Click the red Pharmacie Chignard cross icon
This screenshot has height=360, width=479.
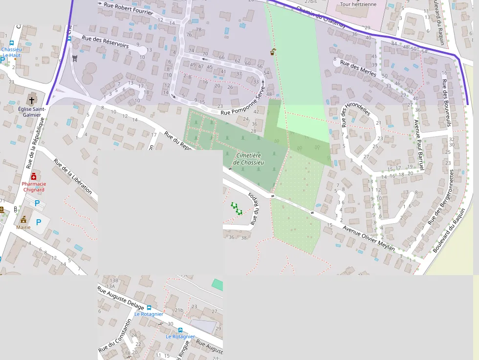[x=33, y=176]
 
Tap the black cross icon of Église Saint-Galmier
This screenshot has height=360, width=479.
[x=32, y=100]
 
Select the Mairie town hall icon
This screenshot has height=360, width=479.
[x=23, y=219]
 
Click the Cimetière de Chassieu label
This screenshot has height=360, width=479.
[x=248, y=159]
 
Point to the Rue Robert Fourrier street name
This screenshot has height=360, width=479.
[x=128, y=8]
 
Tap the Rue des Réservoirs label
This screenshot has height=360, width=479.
[x=105, y=42]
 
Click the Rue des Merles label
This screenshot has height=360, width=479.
[x=358, y=68]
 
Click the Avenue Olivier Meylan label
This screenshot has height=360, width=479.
[x=369, y=238]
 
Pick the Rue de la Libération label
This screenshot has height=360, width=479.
[x=73, y=176]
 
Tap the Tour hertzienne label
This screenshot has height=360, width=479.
[x=358, y=4]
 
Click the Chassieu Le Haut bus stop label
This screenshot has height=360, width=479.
[x=11, y=52]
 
